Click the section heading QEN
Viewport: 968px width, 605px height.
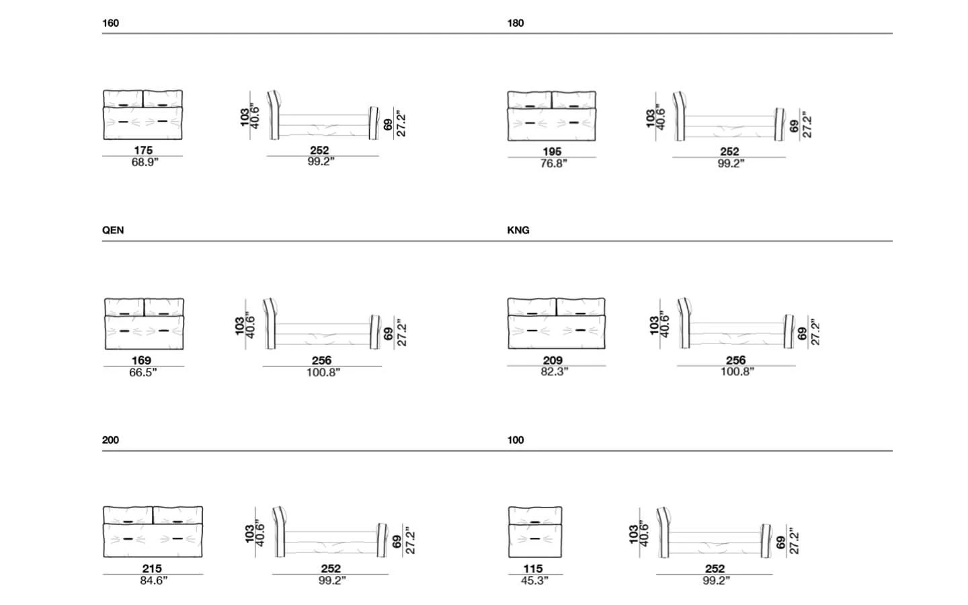[x=113, y=230]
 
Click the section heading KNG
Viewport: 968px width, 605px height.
[x=518, y=230]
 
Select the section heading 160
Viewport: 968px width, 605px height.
[x=110, y=23]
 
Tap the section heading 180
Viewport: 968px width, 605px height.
[x=516, y=23]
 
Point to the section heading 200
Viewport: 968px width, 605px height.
[x=110, y=440]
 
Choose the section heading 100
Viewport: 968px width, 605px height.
[x=516, y=440]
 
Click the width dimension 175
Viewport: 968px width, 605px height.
[x=143, y=150]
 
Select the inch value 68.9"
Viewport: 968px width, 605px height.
[x=145, y=162]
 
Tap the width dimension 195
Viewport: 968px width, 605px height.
[x=552, y=151]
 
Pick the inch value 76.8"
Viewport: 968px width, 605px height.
[x=554, y=163]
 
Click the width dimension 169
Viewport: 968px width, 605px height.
[x=141, y=360]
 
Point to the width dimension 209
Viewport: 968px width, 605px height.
[x=553, y=360]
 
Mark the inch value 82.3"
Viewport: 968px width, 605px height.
[x=555, y=372]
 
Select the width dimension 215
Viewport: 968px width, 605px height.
[x=152, y=568]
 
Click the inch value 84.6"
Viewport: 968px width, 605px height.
[x=153, y=580]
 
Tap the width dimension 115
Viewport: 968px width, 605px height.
[x=533, y=568]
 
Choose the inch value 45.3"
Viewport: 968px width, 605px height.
[x=534, y=580]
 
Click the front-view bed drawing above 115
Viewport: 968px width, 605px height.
[x=535, y=532]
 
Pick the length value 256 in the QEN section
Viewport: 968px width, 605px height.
[x=321, y=360]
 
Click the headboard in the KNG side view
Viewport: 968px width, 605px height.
[x=684, y=323]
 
